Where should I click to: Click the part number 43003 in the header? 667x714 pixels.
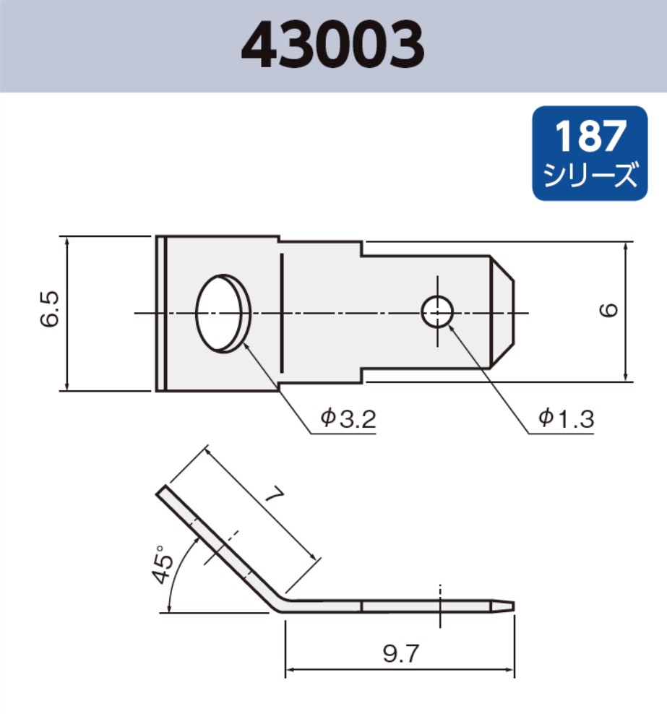click(x=332, y=46)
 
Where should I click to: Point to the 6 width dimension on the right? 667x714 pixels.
click(x=608, y=311)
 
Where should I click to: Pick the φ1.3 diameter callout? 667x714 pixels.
click(x=565, y=418)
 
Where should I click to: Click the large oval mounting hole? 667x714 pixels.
click(x=223, y=313)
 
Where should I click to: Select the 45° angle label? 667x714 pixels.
click(x=163, y=564)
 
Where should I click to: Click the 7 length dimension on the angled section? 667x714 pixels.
click(x=272, y=498)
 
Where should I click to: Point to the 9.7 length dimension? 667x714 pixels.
click(x=400, y=655)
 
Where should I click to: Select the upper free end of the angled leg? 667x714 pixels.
click(x=163, y=491)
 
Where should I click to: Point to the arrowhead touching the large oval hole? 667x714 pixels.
click(x=247, y=344)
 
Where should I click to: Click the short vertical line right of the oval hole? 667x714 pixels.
click(x=281, y=313)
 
